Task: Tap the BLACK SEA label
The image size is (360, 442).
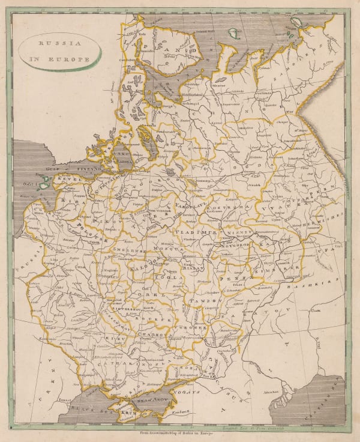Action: click(90, 407)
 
